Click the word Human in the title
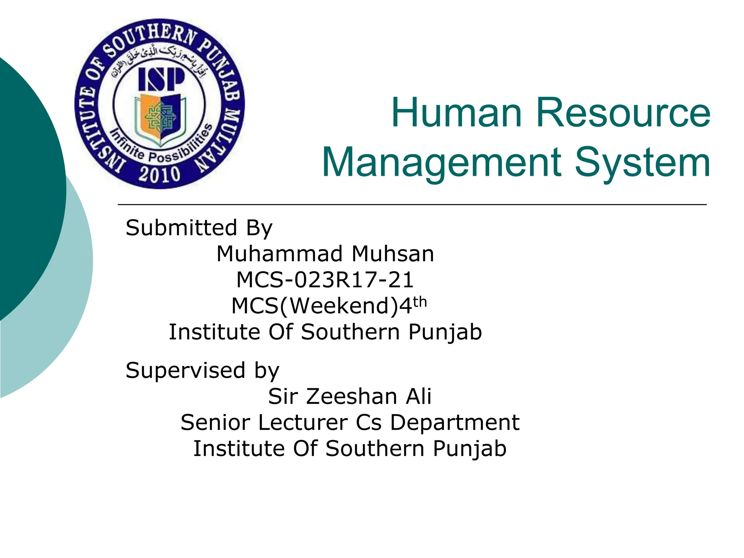click(456, 113)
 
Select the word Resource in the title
click(623, 113)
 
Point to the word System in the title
click(642, 162)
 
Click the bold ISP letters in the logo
click(161, 80)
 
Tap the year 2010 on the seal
click(159, 174)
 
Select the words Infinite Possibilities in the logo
click(160, 145)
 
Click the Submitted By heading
click(199, 228)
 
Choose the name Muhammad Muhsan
click(325, 254)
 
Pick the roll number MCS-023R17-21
click(325, 280)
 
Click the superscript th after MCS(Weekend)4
click(420, 302)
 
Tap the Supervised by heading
click(202, 371)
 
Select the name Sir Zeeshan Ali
click(349, 396)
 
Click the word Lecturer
click(302, 422)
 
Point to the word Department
click(455, 422)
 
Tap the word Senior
click(215, 422)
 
